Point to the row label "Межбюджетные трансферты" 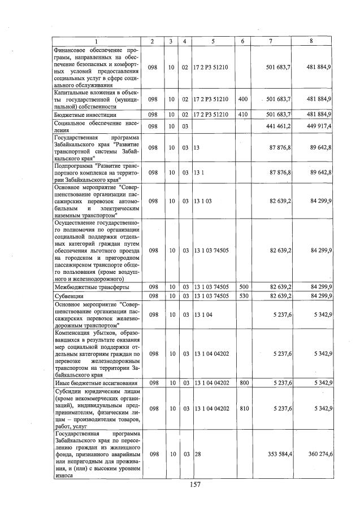click(91, 287)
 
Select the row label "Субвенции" click(68, 295)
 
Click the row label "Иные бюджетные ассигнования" click(93, 383)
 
